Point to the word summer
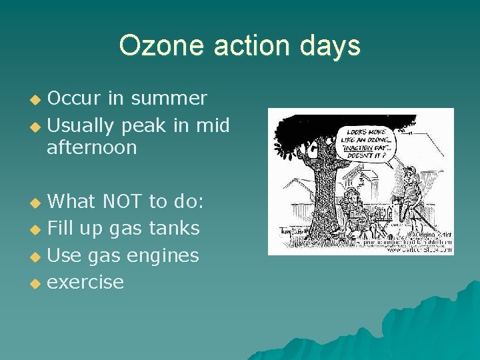coord(169,99)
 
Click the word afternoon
coord(91,147)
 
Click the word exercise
coord(85,282)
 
